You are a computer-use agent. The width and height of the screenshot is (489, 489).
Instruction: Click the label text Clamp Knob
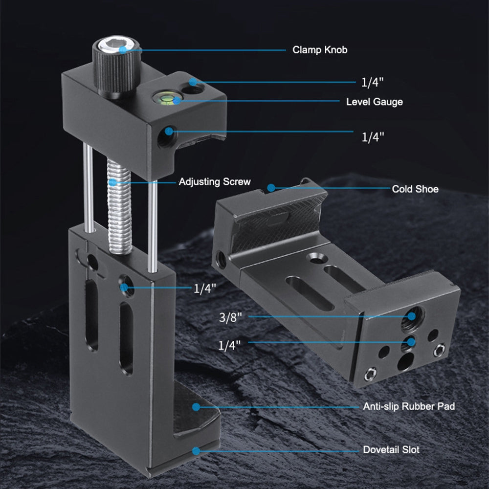point(320,50)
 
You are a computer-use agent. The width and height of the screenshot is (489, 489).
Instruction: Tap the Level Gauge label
point(374,102)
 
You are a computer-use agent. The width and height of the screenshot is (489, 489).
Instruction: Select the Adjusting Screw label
point(214,182)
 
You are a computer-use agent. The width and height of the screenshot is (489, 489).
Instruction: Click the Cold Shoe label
point(415,189)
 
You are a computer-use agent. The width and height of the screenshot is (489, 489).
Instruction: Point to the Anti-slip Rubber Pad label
point(409,406)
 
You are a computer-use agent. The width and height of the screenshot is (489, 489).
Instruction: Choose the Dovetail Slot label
point(391,449)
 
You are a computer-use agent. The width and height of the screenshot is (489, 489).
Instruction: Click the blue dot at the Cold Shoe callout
point(270,188)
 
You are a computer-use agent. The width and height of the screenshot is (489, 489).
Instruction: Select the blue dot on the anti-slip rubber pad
point(196,406)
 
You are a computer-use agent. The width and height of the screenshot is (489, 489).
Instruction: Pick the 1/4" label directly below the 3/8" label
point(230,345)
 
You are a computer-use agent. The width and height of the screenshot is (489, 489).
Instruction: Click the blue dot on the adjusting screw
point(113,182)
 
